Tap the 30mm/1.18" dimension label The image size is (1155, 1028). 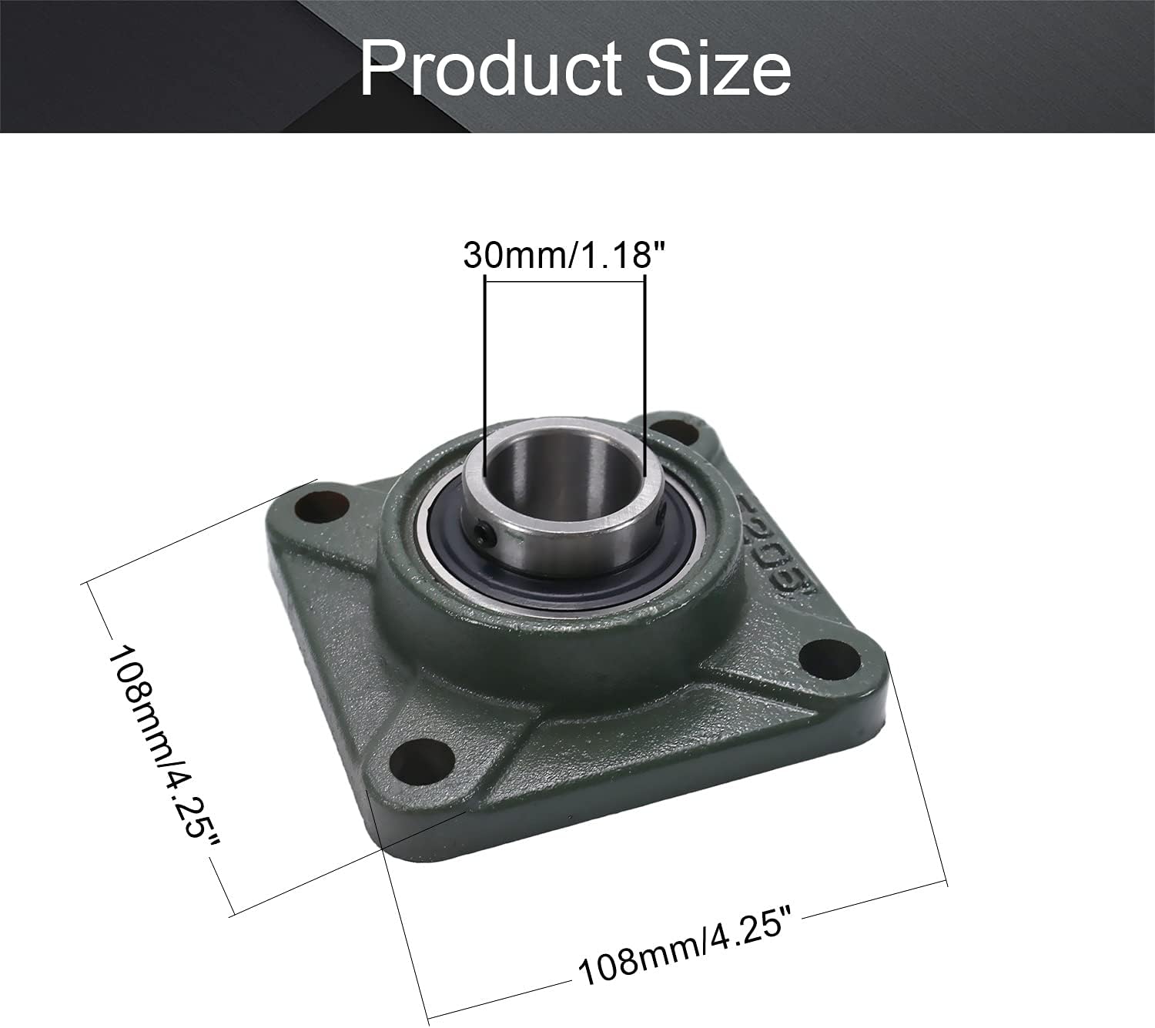click(564, 255)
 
